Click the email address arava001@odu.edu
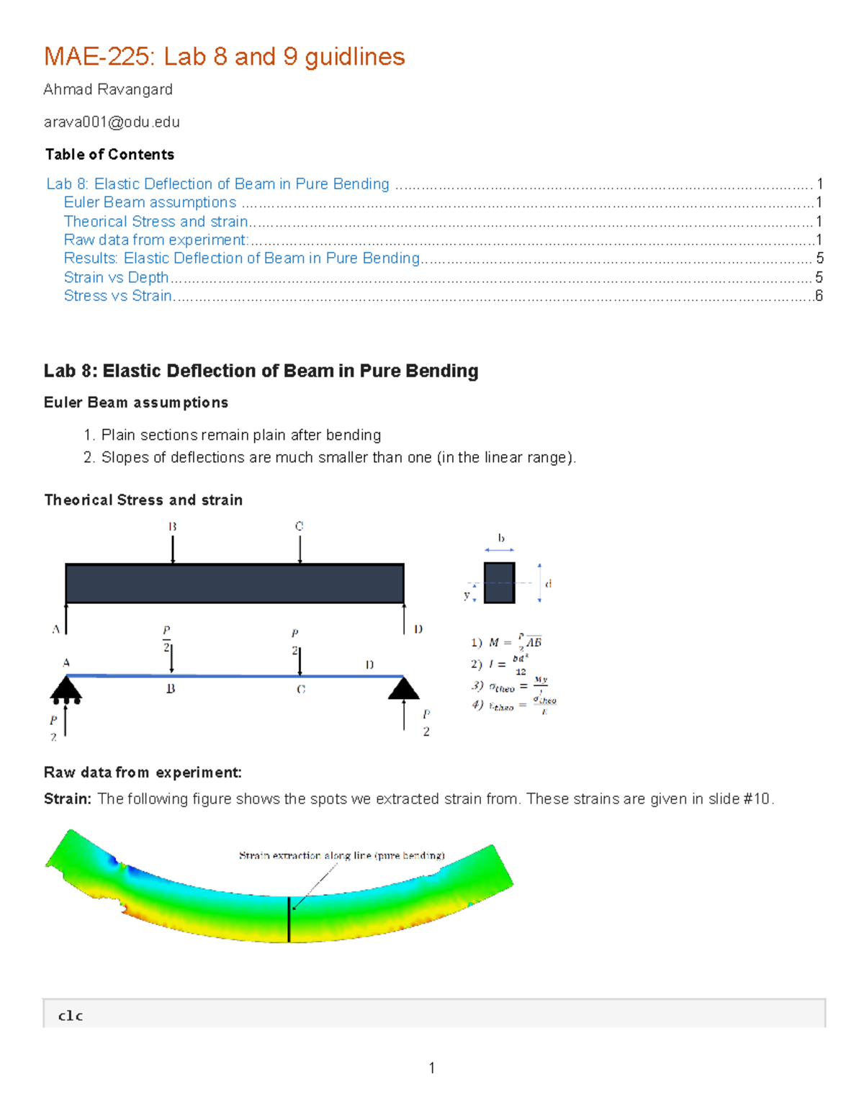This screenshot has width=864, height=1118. coord(112,122)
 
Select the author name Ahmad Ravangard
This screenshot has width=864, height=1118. coord(108,89)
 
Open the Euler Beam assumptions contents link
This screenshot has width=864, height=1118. coord(150,202)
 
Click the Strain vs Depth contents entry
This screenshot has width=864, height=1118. coord(116,277)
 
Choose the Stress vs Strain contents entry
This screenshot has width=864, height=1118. coord(117,296)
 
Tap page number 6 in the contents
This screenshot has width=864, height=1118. coord(819,296)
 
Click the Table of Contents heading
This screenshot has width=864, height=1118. coord(109,154)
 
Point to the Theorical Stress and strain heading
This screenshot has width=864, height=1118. coord(143,500)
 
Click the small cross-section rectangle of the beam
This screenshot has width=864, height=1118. coord(499,582)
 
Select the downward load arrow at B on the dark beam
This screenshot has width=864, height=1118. coord(173,550)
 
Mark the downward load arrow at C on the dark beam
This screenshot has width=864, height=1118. coord(300,550)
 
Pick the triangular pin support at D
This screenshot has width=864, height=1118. coord(403,688)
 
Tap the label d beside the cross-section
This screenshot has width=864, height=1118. coord(549,584)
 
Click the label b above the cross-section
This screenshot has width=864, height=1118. coord(501,538)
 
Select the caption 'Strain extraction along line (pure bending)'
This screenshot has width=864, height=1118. coord(341,855)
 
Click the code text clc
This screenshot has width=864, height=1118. coord(71,1016)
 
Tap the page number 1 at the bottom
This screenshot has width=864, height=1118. coord(431,1068)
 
